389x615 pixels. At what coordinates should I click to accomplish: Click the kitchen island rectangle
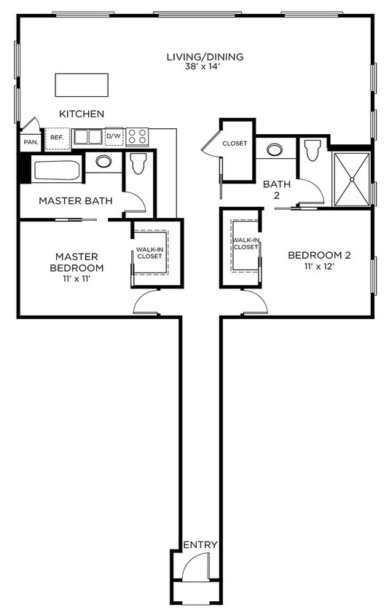[x=82, y=85]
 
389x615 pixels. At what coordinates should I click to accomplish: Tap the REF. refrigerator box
[x=57, y=138]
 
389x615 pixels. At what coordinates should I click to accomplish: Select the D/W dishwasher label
[x=114, y=136]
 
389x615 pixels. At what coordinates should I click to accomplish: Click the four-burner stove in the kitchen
[x=137, y=137]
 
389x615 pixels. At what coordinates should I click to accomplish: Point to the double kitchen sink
[x=88, y=137]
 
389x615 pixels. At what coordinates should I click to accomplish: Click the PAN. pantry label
[x=31, y=142]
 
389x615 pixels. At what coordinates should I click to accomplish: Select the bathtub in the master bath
[x=57, y=171]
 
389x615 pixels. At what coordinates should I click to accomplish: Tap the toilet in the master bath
[x=138, y=164]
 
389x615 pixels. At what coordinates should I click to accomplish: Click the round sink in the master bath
[x=103, y=161]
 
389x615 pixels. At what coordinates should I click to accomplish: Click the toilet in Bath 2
[x=313, y=151]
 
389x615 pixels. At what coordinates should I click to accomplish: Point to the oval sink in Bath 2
[x=275, y=150]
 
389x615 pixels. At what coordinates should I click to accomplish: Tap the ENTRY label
[x=200, y=544]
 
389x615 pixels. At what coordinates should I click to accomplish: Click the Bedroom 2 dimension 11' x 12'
[x=319, y=267]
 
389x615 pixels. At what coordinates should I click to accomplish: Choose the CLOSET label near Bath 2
[x=235, y=144]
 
